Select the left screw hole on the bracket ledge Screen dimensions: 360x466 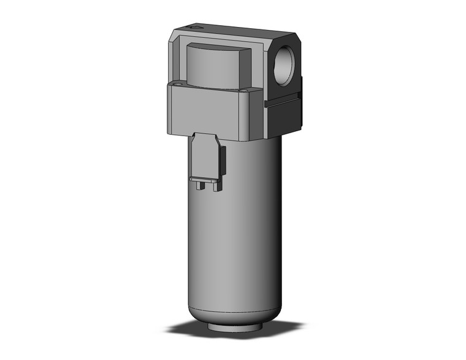point(178,85)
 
